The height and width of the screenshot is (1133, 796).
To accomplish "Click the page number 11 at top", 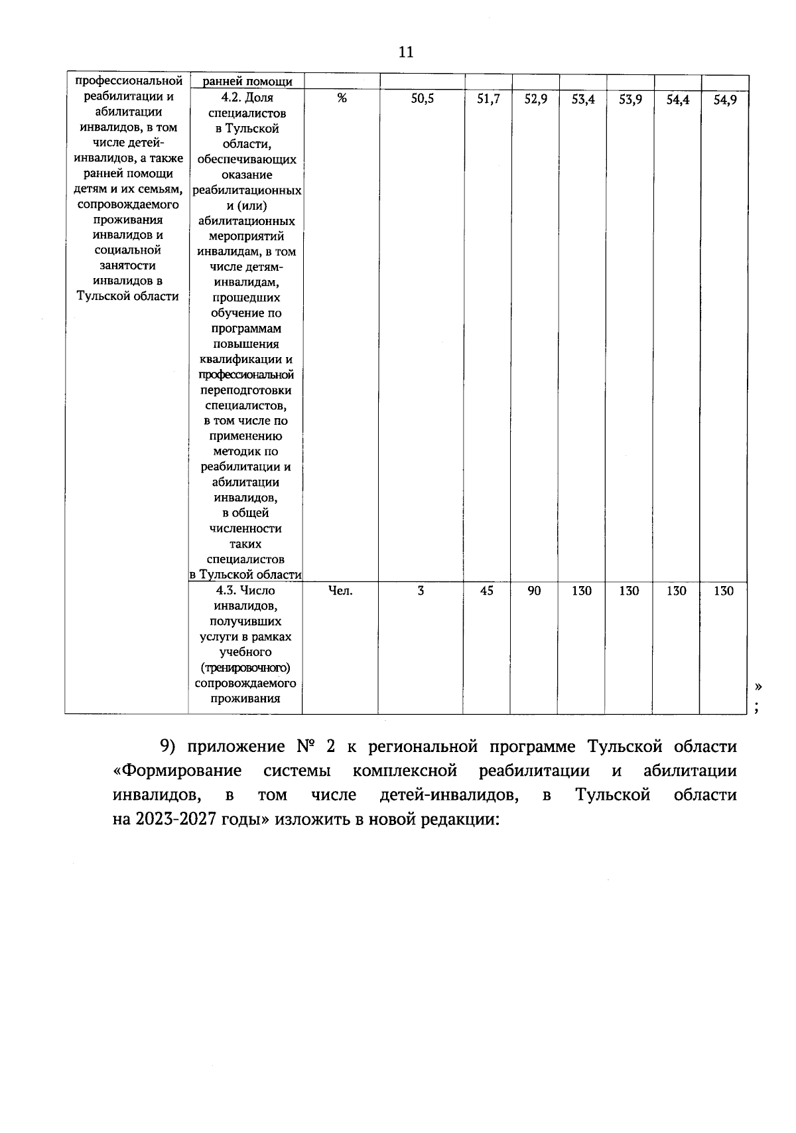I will [406, 52].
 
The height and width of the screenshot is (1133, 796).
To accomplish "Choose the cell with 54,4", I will [677, 100].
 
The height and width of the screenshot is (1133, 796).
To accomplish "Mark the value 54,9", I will [724, 100].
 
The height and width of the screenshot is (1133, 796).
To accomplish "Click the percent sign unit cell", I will [341, 98].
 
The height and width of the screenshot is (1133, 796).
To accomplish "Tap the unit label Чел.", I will [340, 590].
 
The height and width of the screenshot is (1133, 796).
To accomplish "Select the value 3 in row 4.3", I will [421, 590].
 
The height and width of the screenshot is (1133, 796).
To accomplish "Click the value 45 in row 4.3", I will [487, 590].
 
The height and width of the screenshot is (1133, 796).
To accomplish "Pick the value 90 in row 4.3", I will [534, 590].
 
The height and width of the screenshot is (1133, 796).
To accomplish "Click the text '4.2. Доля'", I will [246, 98].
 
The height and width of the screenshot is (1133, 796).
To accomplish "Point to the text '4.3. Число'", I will [245, 590].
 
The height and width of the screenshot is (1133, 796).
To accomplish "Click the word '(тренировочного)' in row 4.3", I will [245, 668].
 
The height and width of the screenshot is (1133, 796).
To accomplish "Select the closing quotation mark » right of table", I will [758, 685].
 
